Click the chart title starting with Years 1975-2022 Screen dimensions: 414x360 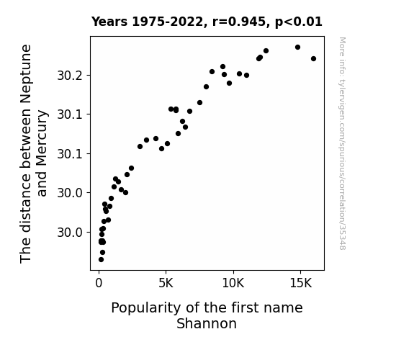click(207, 22)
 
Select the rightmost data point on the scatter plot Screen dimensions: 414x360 click(313, 58)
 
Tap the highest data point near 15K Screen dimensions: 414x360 click(297, 48)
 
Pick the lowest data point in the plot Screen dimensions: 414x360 click(101, 260)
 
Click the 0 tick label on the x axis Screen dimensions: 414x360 click(99, 283)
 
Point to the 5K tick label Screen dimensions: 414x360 click(166, 283)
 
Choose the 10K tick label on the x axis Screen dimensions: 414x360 click(233, 283)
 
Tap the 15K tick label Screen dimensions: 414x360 click(301, 283)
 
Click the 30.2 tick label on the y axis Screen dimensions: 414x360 click(70, 76)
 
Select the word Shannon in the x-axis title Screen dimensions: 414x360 click(207, 323)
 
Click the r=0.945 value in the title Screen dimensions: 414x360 click(239, 22)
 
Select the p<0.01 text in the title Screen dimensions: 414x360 click(299, 22)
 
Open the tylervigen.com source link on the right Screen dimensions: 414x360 click(342, 143)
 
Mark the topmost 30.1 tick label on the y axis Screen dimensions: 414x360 click(70, 114)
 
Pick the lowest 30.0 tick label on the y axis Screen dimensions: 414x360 click(70, 233)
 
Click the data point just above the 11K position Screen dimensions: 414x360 click(247, 76)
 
